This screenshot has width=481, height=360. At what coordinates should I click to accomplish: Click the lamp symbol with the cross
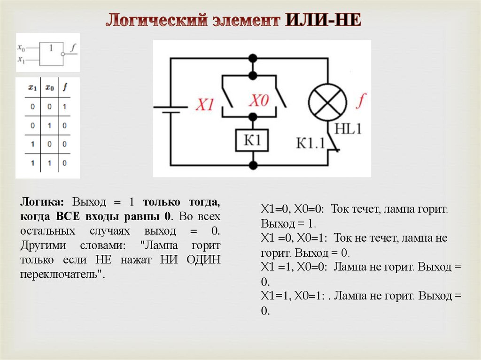(x=327, y=103)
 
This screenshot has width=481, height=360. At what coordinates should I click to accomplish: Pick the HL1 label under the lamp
(x=348, y=128)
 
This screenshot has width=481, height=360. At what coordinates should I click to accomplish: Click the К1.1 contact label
(x=310, y=142)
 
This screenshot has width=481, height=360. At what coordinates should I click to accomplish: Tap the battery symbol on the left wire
(x=170, y=108)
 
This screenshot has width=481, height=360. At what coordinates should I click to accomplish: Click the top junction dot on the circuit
(x=253, y=59)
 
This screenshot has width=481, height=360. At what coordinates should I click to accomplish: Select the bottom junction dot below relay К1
(x=253, y=165)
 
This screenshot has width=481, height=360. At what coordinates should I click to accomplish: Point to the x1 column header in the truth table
(x=32, y=87)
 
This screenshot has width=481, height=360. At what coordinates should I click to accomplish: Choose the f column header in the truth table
(x=64, y=87)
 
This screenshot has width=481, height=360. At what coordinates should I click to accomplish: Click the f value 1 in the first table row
(x=64, y=107)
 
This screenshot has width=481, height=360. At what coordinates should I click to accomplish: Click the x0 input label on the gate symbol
(x=21, y=47)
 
